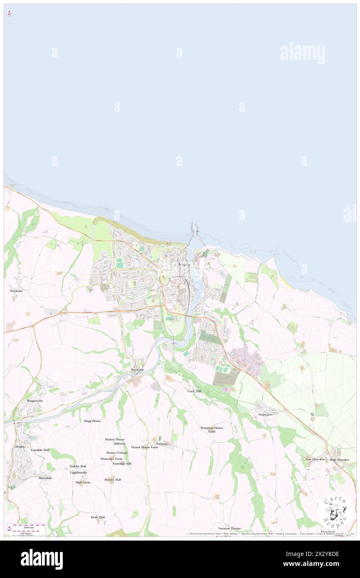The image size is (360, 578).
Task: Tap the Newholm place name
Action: click(16, 291)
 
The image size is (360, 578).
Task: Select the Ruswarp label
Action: click(137, 370)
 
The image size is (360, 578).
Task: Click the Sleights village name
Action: click(20, 446)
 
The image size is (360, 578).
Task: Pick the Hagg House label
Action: click(92, 421)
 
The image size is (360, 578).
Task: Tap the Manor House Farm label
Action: click(144, 447)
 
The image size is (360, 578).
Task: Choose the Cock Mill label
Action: click(194, 391)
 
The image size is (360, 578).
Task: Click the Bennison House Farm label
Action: click(212, 430)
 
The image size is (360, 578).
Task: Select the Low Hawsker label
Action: click(314, 459)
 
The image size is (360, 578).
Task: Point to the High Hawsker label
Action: click(339, 459)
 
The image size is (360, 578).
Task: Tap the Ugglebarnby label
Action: click(78, 472)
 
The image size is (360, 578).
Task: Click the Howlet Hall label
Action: click(112, 479)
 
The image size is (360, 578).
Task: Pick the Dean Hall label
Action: click(98, 517)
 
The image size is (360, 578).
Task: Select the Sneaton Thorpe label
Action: click(229, 528)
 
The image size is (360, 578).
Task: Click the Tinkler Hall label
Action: click(78, 466)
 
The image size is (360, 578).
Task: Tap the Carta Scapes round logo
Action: click(335, 513)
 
